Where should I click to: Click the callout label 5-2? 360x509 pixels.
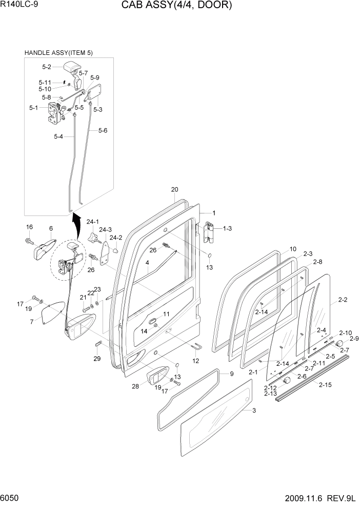47,67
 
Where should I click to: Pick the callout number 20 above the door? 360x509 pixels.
174,190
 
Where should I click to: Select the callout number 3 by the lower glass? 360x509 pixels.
254,410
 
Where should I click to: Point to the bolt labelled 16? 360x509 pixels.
30,240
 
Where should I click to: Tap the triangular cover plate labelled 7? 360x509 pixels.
51,314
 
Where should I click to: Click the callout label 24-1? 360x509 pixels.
92,222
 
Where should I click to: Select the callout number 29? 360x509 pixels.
97,359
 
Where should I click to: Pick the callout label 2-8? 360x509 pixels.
317,262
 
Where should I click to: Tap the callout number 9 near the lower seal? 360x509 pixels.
231,374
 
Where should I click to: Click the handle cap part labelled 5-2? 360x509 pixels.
73,68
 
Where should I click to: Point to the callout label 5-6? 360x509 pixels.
102,131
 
